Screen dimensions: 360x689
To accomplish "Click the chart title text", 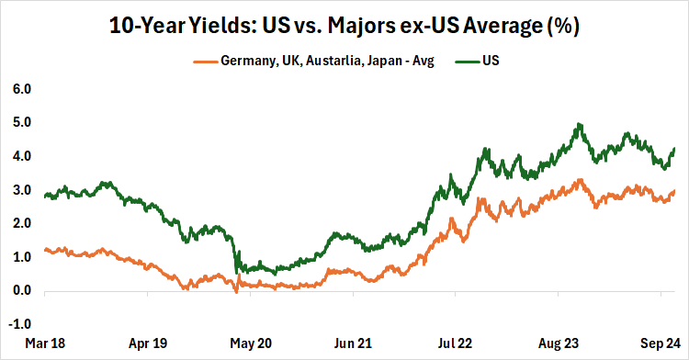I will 344,25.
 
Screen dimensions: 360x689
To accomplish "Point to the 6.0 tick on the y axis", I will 21,89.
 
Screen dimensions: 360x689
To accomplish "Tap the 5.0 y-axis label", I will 21,122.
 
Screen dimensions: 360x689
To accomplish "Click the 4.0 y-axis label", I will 21,156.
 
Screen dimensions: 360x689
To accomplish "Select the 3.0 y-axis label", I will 21,190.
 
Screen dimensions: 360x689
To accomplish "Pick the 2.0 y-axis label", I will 21,224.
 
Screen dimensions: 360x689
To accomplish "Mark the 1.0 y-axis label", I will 21,257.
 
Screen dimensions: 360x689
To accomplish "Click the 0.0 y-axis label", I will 21,291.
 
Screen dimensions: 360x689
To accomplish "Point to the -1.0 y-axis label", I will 19,325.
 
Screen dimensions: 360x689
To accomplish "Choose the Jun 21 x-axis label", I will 353,344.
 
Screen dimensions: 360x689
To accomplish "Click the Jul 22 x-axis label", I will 457,344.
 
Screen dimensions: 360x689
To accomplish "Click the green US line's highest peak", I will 578,124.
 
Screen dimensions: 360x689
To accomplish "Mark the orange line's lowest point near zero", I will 236,292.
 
